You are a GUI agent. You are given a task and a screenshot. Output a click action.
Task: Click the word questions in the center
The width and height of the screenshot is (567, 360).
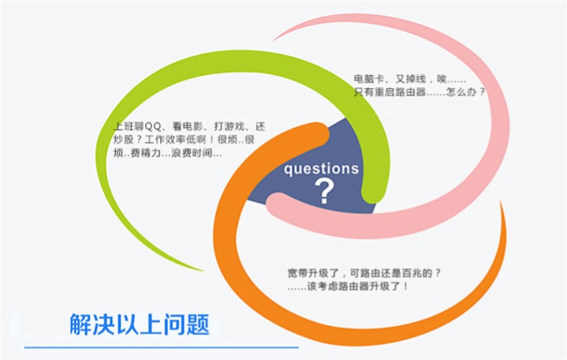pyautogui.click(x=321, y=169)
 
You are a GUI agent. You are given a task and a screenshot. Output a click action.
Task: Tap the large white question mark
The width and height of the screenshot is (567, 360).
pyautogui.click(x=324, y=191)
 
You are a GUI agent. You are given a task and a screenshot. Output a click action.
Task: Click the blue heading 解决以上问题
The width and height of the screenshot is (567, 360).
pyautogui.click(x=139, y=324)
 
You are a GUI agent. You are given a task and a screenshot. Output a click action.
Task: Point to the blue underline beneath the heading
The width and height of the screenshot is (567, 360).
pyautogui.click(x=161, y=348)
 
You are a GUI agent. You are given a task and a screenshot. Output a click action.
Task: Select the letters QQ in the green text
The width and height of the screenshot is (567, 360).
pyautogui.click(x=153, y=126)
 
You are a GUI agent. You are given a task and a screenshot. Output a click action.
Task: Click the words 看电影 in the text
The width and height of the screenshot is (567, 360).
pyautogui.click(x=187, y=126)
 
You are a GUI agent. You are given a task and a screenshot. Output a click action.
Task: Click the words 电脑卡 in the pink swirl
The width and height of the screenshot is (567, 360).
pyautogui.click(x=368, y=79)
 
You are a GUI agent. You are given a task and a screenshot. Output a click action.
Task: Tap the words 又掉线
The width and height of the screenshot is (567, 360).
pyautogui.click(x=411, y=79)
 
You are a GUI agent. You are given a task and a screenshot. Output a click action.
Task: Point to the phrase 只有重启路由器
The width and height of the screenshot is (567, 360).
pyautogui.click(x=390, y=92)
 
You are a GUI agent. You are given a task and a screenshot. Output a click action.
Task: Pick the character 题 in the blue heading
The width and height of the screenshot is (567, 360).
pyautogui.click(x=198, y=324)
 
